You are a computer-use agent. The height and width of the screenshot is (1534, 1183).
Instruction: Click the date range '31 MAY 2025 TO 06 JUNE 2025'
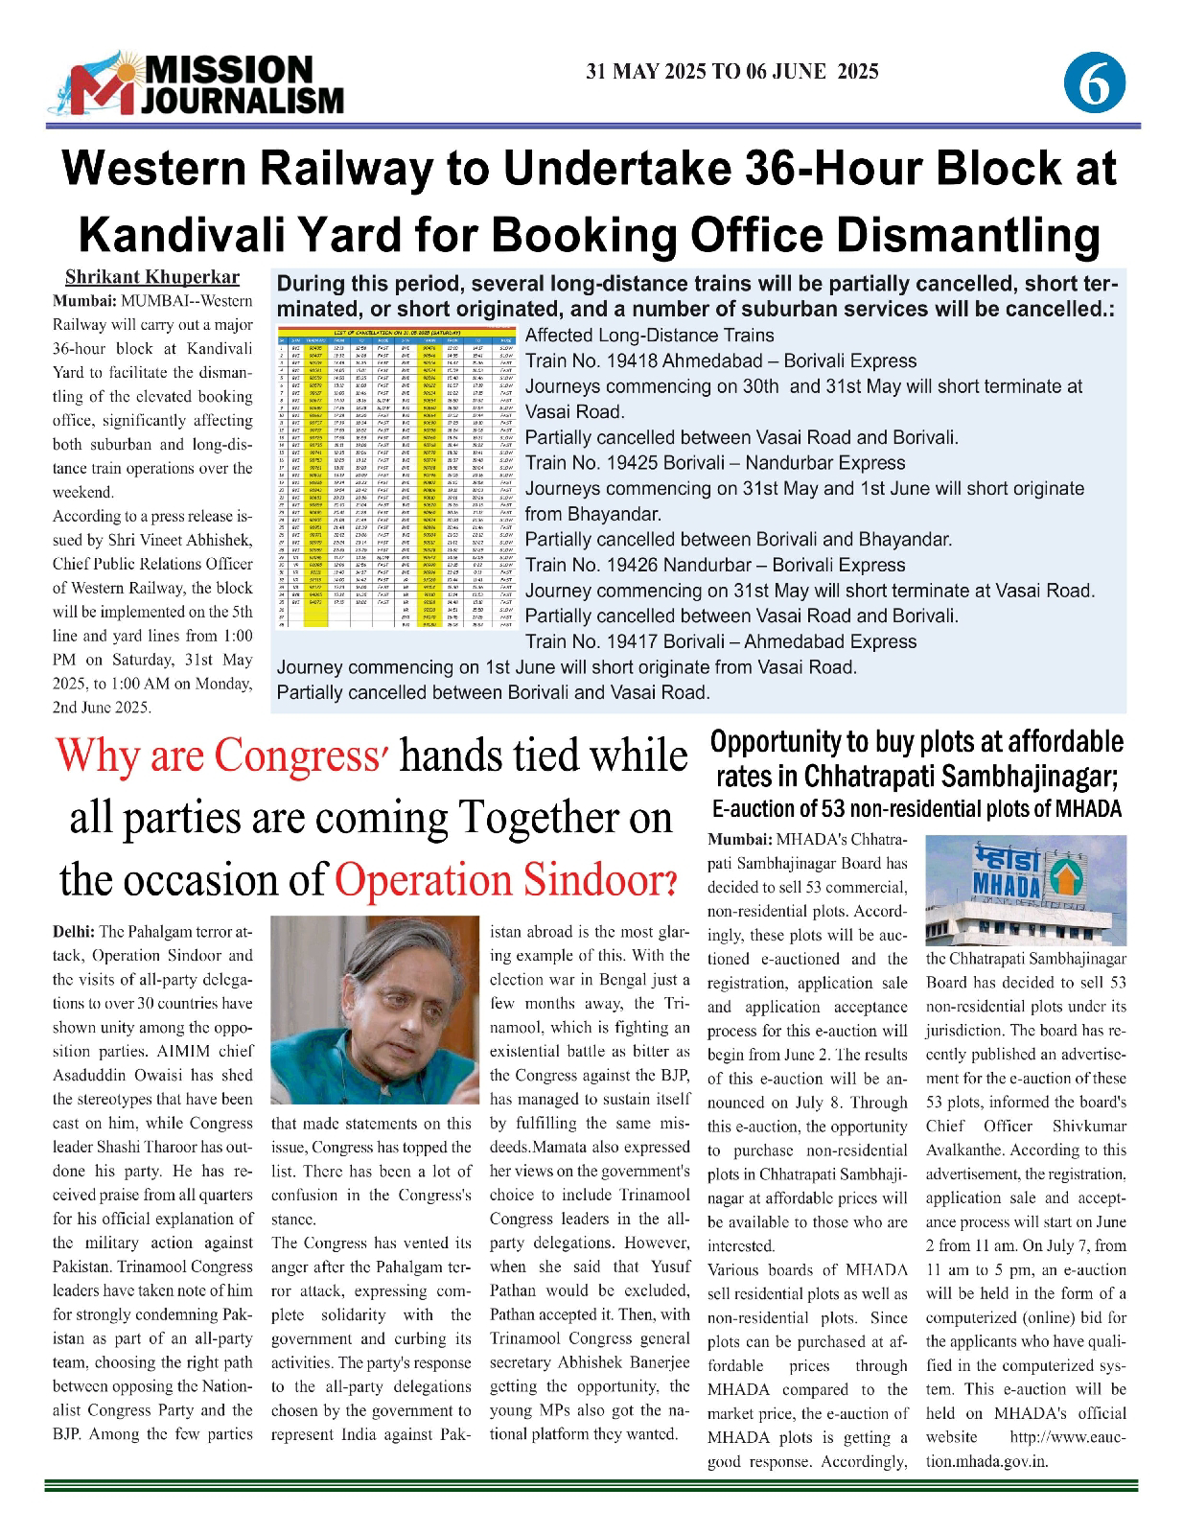[x=732, y=72]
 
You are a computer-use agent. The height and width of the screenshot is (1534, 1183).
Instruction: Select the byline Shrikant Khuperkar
[x=152, y=278]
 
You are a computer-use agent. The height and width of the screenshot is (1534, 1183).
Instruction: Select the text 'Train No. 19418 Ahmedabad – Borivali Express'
[x=721, y=361]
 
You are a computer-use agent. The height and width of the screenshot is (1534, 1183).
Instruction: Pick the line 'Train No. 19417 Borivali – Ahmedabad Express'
[x=721, y=641]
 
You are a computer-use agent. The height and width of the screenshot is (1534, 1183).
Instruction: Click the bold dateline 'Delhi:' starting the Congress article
[x=73, y=931]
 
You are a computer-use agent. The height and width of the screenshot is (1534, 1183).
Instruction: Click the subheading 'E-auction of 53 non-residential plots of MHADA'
[x=916, y=807]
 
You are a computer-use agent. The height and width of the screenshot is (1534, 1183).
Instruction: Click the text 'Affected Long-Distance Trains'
[x=650, y=336]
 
